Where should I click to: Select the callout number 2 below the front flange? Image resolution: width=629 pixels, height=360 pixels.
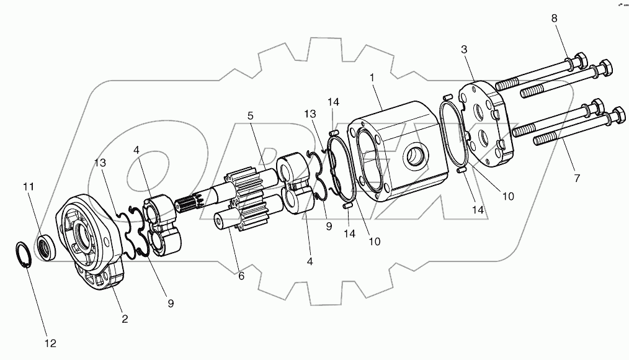coord(125,319)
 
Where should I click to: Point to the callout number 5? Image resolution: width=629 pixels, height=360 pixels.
coord(251,115)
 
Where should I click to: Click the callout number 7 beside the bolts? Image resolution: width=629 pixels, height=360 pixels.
coord(577,179)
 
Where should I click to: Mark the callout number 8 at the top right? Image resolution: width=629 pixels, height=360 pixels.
coord(555,19)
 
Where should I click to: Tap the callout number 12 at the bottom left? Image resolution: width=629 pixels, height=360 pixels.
coord(50,343)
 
